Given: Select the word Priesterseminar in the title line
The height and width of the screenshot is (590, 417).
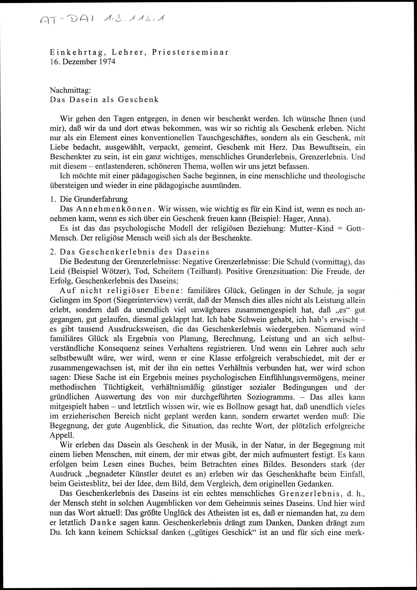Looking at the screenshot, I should tap(190, 52).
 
